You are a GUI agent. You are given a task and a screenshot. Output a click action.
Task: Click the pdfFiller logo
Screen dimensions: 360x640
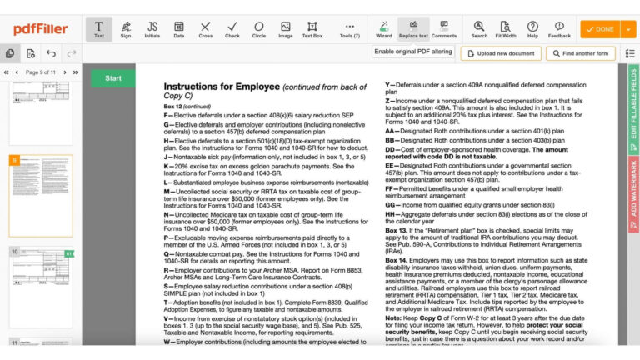point(40,29)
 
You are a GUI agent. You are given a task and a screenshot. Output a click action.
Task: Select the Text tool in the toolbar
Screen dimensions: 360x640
point(99,29)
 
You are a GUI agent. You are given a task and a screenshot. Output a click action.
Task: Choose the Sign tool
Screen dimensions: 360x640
point(126,29)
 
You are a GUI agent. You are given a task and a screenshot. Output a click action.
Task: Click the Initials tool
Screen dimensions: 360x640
point(152,29)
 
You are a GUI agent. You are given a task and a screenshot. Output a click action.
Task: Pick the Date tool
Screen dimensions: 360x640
point(179,29)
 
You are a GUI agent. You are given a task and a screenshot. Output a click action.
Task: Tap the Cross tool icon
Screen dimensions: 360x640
point(206,29)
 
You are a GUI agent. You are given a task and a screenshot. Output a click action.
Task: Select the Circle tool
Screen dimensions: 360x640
point(259,29)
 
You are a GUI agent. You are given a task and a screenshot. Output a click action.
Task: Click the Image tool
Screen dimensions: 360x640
point(286,29)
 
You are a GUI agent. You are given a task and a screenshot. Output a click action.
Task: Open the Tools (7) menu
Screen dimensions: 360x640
point(350,29)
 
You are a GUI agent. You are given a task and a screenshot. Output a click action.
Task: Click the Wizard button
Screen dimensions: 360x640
point(383,29)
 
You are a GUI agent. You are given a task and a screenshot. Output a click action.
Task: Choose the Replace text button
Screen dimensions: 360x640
point(413,29)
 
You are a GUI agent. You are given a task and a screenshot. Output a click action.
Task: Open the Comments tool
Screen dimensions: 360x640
point(444,29)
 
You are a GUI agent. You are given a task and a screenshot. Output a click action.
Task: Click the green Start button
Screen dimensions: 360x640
point(112,78)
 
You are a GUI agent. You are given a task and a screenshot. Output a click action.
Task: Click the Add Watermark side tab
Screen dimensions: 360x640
point(633,187)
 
